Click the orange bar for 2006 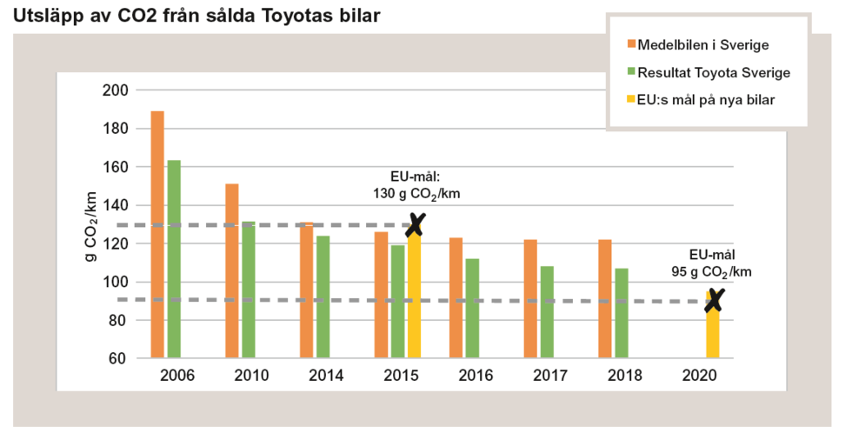(157, 235)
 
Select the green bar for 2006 (174, 259)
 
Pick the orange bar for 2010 (232, 270)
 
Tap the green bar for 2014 (323, 297)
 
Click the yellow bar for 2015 (415, 296)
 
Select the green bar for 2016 (472, 308)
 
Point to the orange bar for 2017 (530, 298)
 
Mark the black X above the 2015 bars (416, 224)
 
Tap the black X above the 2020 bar (715, 301)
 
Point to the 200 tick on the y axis (116, 90)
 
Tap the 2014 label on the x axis (325, 376)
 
